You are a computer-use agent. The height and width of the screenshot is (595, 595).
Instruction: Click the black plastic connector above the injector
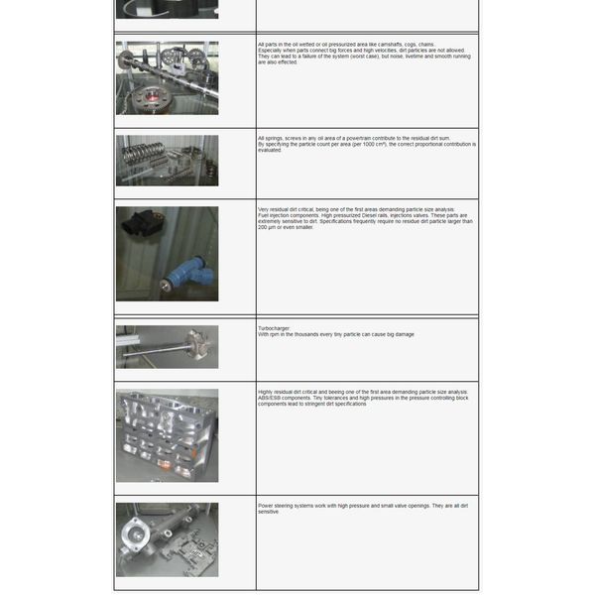point(142,226)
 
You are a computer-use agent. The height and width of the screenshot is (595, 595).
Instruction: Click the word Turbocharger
point(273,328)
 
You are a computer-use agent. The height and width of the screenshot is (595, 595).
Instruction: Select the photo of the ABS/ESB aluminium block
point(167,435)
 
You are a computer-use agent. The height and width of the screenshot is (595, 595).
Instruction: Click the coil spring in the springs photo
point(138,156)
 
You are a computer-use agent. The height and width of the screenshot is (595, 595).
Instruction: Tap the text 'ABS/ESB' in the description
point(270,398)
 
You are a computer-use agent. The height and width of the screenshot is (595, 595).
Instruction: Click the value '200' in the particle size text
point(263,227)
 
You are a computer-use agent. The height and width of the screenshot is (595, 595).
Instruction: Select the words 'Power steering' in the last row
point(276,505)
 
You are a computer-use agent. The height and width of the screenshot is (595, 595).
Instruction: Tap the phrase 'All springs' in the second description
point(269,138)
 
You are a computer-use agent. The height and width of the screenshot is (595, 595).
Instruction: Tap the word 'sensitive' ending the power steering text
point(268,512)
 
